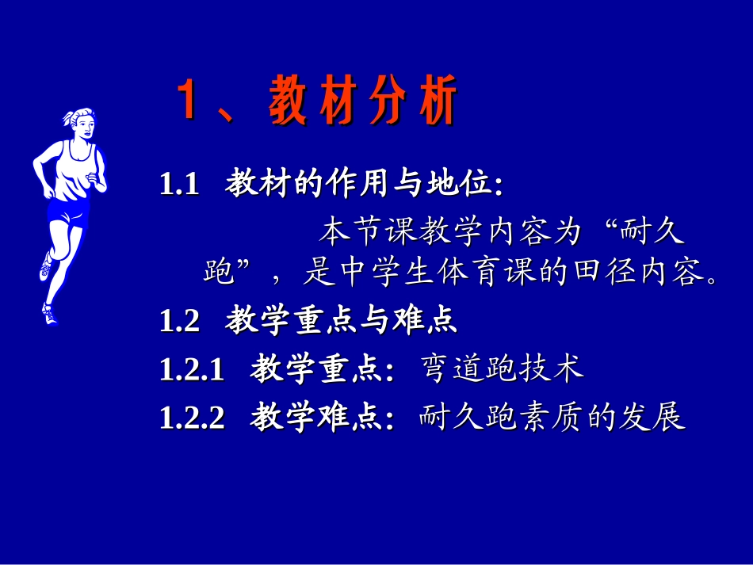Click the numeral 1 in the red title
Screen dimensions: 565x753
coord(186,101)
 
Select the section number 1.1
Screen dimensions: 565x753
coord(178,186)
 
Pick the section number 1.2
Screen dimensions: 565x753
coord(178,322)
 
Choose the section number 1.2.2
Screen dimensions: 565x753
coord(192,418)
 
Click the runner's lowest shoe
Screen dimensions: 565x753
coord(50,315)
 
